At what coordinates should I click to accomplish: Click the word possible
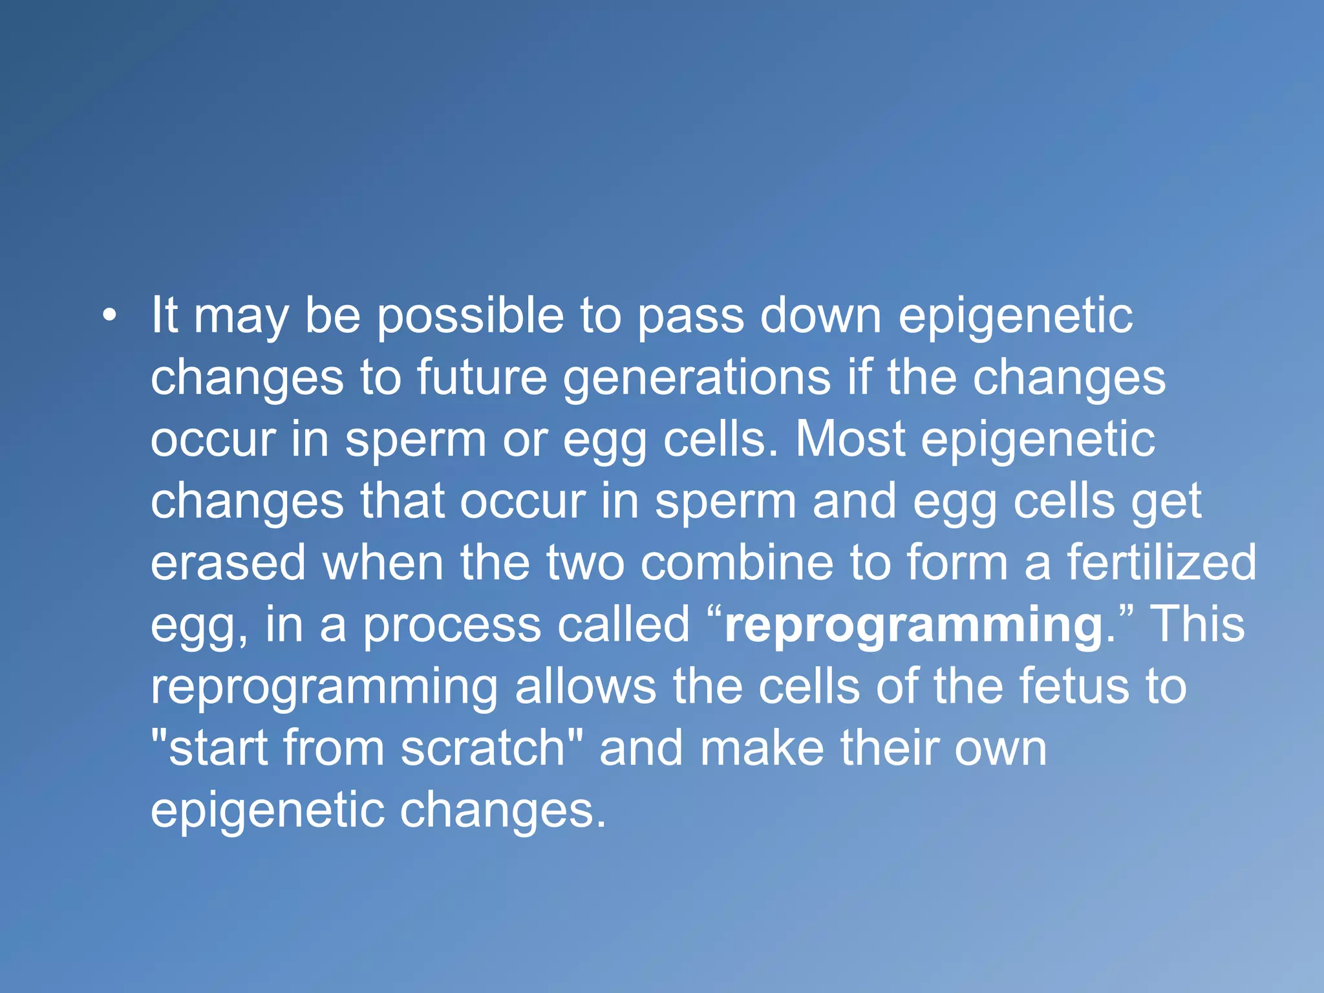(x=470, y=317)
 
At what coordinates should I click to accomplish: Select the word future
(x=482, y=378)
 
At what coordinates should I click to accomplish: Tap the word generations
(x=697, y=379)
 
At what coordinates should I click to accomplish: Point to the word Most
(x=849, y=440)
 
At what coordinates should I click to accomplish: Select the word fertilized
(x=1161, y=562)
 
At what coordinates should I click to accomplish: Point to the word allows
(x=585, y=686)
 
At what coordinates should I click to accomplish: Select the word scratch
(x=483, y=748)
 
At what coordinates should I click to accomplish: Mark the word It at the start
(x=164, y=316)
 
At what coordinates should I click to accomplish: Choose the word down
(x=820, y=316)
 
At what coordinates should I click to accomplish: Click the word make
(x=762, y=748)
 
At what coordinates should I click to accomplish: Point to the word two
(x=586, y=562)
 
